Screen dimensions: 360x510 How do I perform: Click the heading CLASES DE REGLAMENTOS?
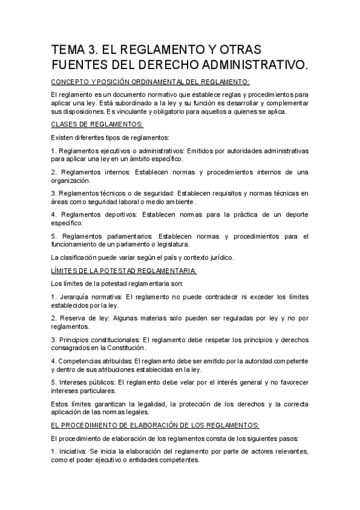click(x=97, y=124)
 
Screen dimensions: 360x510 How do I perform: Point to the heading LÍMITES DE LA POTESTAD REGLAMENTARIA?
click(x=123, y=270)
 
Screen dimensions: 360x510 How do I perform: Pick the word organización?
click(x=72, y=180)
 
